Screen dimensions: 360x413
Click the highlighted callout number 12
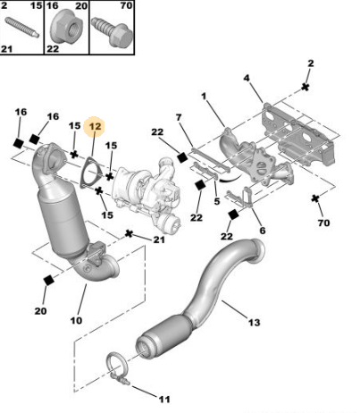pyautogui.click(x=95, y=126)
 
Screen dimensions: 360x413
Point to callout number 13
pyautogui.click(x=254, y=323)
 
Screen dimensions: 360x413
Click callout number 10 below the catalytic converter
pyautogui.click(x=76, y=320)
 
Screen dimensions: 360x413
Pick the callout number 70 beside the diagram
pyautogui.click(x=323, y=223)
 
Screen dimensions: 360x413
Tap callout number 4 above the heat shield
pyautogui.click(x=247, y=78)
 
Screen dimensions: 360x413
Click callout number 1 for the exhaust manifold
pyautogui.click(x=204, y=97)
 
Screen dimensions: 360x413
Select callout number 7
pyautogui.click(x=179, y=117)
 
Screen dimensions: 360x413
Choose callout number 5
pyautogui.click(x=217, y=201)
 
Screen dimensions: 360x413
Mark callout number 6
pyautogui.click(x=262, y=231)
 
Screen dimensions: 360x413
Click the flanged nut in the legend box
pyautogui.click(x=65, y=29)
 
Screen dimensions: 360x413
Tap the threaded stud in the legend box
pyautogui.click(x=22, y=27)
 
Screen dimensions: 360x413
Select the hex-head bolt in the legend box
pyautogui.click(x=112, y=31)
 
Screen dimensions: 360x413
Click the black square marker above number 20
pyautogui.click(x=48, y=280)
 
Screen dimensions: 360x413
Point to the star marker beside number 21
pyautogui.click(x=129, y=233)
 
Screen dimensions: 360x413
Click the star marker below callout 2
pyautogui.click(x=305, y=87)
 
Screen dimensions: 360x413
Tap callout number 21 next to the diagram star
pyautogui.click(x=159, y=240)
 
